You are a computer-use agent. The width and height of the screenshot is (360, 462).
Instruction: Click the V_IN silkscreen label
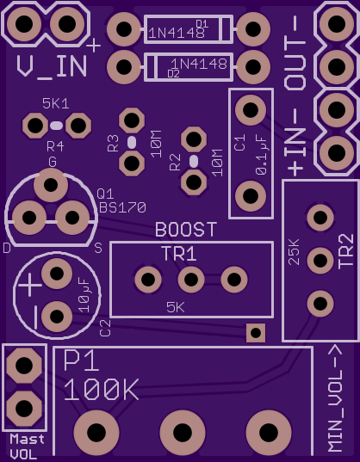click(x=52, y=67)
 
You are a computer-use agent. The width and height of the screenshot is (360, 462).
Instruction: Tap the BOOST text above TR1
click(x=186, y=230)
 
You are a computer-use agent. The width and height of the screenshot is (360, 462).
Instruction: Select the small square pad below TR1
click(x=256, y=333)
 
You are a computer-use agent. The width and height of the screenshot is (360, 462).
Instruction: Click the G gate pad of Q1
click(x=51, y=185)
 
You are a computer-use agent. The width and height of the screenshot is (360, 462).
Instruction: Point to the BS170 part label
click(x=122, y=207)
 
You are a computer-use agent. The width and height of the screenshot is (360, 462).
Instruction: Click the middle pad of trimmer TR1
click(x=191, y=280)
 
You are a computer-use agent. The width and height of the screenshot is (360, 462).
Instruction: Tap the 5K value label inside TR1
click(x=176, y=308)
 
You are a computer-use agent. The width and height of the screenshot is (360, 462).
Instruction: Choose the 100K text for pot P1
click(x=101, y=390)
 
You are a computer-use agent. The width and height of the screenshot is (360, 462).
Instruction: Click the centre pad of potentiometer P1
click(x=183, y=433)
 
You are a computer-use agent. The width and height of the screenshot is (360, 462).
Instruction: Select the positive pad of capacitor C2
click(x=57, y=274)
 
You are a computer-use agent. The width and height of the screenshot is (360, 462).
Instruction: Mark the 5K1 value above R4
click(x=56, y=104)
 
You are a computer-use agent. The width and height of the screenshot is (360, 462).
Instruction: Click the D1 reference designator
click(x=202, y=24)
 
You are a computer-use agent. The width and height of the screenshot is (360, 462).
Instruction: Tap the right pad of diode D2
click(x=253, y=67)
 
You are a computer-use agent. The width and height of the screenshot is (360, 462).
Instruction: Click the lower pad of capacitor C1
click(x=251, y=195)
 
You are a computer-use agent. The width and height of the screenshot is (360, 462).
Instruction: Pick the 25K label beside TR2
click(x=294, y=252)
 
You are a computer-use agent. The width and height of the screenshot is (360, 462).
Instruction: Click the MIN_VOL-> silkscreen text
click(x=336, y=398)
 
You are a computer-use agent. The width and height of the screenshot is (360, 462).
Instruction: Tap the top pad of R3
click(x=132, y=120)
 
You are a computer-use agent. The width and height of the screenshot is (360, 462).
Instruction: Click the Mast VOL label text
click(x=27, y=447)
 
